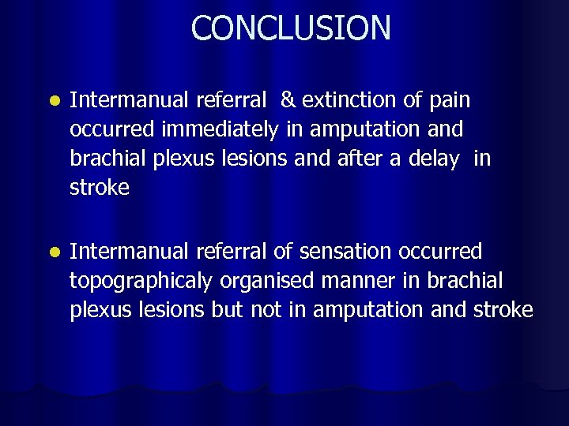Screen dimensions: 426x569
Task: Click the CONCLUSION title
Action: [x=290, y=28]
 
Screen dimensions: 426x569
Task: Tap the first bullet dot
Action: [x=52, y=102]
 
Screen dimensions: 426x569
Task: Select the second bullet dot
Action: [x=52, y=253]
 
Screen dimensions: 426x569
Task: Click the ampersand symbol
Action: [x=288, y=100]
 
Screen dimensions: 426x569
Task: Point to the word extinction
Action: [x=349, y=100]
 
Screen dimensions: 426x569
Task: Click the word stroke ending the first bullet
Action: [x=100, y=189]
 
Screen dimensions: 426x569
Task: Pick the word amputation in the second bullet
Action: [x=371, y=311]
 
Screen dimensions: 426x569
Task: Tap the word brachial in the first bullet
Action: [x=102, y=159]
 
